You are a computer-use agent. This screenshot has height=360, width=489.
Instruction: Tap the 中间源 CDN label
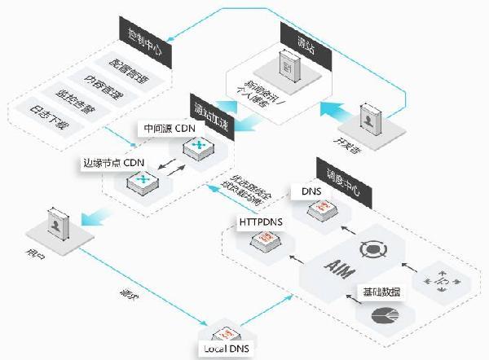pyautogui.click(x=168, y=127)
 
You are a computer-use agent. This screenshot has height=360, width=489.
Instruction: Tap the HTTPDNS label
pyautogui.click(x=260, y=221)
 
